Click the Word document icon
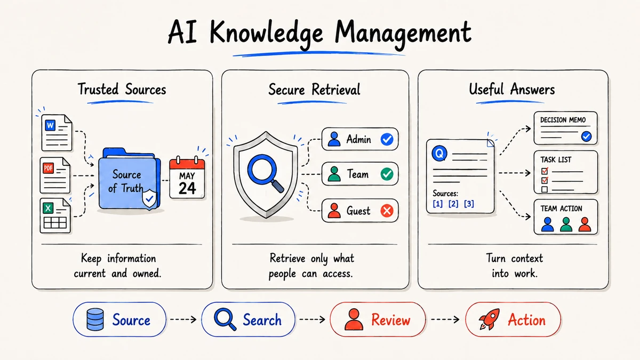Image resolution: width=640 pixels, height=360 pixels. click(57, 133)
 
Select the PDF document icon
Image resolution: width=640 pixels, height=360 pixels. click(55, 175)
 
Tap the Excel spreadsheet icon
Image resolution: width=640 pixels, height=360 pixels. click(55, 215)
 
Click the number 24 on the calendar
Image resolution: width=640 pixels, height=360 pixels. click(187, 188)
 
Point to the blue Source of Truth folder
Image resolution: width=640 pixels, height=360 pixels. click(130, 179)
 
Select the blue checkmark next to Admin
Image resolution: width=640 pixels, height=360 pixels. click(387, 139)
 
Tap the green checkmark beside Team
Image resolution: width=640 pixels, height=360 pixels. click(387, 174)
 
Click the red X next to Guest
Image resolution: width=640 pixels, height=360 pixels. click(387, 211)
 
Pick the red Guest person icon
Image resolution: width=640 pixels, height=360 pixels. click(334, 211)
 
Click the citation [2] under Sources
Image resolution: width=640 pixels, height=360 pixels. click(453, 204)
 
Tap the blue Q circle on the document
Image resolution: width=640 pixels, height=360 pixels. click(439, 154)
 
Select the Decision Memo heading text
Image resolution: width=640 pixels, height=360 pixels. click(563, 119)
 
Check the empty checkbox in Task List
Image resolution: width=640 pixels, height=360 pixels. click(545, 189)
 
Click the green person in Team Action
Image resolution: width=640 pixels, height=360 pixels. click(566, 225)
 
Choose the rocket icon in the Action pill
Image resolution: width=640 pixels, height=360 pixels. click(490, 319)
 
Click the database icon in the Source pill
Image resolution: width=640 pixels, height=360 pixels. click(95, 319)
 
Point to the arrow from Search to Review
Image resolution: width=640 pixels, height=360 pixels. click(312, 319)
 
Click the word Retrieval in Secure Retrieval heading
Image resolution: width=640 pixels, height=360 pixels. click(336, 90)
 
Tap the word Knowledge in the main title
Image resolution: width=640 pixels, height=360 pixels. click(266, 34)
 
